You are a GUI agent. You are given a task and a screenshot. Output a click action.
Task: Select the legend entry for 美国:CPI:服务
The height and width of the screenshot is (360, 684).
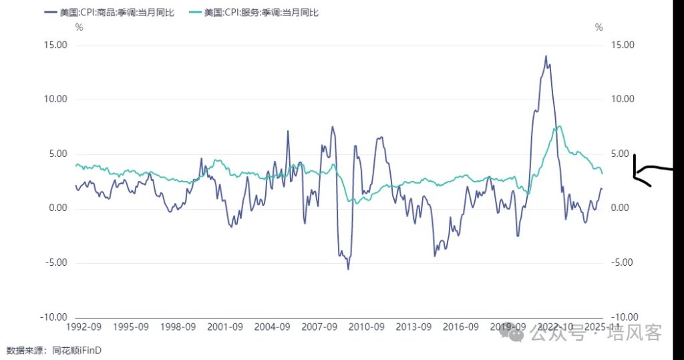coord(261,13)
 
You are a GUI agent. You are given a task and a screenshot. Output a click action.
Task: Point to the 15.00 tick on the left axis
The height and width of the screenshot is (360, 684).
coord(56,45)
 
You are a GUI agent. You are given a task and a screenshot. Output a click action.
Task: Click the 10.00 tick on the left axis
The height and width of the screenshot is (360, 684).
coord(56,100)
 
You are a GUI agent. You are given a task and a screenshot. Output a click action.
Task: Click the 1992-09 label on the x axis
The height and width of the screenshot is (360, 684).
coord(83,327)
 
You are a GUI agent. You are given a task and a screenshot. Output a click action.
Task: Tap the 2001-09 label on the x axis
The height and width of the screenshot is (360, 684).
coord(225,327)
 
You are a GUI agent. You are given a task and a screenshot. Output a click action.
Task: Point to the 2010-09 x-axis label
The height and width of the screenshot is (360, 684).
coord(367,327)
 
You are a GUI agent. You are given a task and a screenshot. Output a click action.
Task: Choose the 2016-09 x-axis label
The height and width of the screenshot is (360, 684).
coord(461,327)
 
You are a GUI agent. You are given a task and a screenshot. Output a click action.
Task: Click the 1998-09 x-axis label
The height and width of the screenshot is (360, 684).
coord(178,327)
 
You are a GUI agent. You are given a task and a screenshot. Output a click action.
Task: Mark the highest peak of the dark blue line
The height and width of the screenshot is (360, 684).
coord(546,56)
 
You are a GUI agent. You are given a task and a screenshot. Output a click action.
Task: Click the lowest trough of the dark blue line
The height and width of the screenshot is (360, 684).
coord(348,268)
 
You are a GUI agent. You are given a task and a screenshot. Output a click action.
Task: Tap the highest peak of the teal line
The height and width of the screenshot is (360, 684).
coord(560,126)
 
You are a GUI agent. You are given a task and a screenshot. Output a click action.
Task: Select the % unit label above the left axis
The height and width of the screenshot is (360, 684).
coord(79,27)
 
